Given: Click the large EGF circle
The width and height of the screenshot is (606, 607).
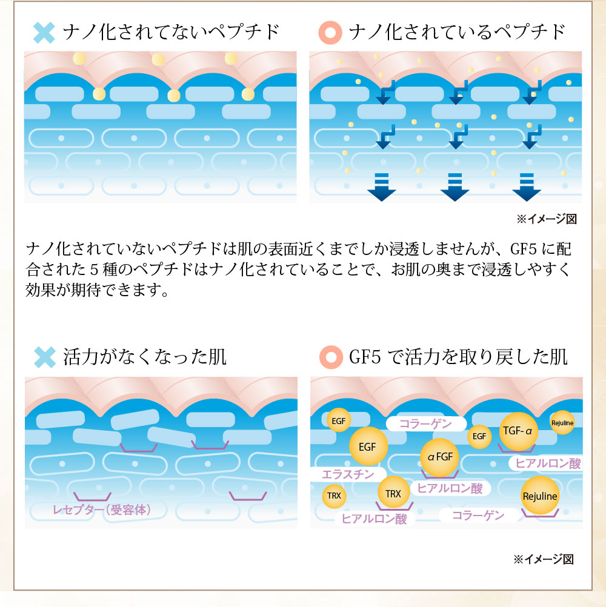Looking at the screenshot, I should click(368, 447).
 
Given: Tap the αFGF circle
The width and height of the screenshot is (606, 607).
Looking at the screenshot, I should click(440, 457).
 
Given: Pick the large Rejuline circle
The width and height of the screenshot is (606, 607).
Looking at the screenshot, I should click(539, 496).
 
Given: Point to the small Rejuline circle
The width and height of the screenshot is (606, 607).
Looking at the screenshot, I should click(562, 422).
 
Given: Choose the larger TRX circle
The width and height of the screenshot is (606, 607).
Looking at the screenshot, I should click(393, 494).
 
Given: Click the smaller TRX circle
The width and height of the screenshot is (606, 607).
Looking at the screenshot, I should click(334, 496).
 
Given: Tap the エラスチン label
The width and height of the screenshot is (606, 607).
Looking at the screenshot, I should click(348, 474).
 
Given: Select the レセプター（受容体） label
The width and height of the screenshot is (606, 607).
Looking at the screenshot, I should click(101, 509).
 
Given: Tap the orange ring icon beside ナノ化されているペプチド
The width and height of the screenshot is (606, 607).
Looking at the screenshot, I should click(331, 32).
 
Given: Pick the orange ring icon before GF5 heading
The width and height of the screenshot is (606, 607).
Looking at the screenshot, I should click(331, 357).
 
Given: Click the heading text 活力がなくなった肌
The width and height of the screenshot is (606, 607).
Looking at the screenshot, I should click(145, 357).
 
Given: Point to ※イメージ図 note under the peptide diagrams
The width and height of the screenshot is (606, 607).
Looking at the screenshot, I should click(545, 219).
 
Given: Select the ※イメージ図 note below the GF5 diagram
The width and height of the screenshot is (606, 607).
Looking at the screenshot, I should click(543, 559).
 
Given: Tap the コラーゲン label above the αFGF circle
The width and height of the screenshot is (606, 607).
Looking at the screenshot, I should click(426, 423).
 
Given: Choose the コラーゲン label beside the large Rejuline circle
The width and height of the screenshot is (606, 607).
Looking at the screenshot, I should click(479, 515).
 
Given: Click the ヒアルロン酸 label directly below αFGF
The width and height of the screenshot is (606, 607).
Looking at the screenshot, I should click(450, 488).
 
